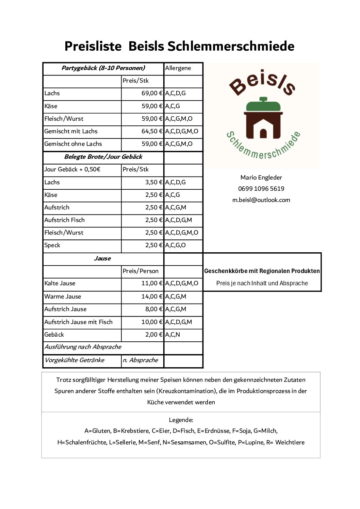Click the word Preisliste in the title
(93, 46)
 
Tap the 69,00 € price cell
(152, 93)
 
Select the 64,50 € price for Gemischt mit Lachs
(152, 131)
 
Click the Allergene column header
(178, 68)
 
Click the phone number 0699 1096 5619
(261, 189)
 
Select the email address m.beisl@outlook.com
(261, 200)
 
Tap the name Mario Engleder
(261, 177)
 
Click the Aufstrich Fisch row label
(65, 220)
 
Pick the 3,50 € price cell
(154, 182)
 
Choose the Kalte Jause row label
(60, 283)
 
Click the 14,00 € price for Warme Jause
(152, 296)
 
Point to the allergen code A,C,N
(173, 335)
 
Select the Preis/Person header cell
(141, 271)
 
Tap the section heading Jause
(102, 258)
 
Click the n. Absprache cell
(140, 360)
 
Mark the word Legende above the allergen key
(181, 420)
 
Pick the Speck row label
(52, 245)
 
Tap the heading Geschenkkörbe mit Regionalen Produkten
(262, 271)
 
